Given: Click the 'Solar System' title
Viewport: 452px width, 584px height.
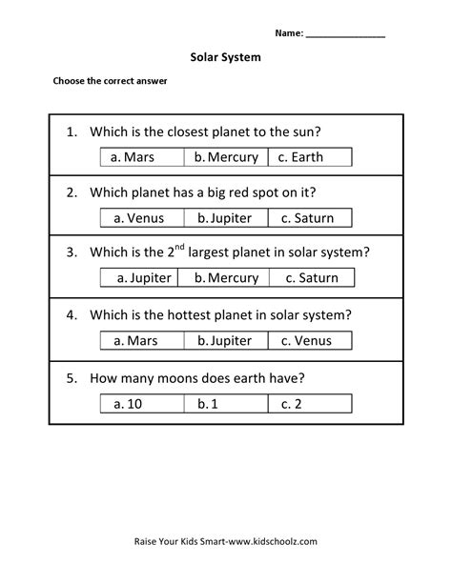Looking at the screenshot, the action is [225, 57].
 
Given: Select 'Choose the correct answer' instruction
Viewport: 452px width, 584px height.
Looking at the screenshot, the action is [111, 82].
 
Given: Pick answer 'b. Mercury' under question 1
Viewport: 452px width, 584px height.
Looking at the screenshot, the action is [226, 157].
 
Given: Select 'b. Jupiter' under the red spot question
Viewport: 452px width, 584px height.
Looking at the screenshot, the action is [226, 217].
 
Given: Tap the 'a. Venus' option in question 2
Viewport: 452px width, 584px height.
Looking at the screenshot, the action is [139, 217].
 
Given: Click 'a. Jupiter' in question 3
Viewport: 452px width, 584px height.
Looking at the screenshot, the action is [144, 278].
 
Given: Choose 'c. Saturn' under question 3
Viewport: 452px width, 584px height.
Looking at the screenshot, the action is [312, 278].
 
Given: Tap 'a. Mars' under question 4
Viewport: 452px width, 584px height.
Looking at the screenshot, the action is [139, 339].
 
